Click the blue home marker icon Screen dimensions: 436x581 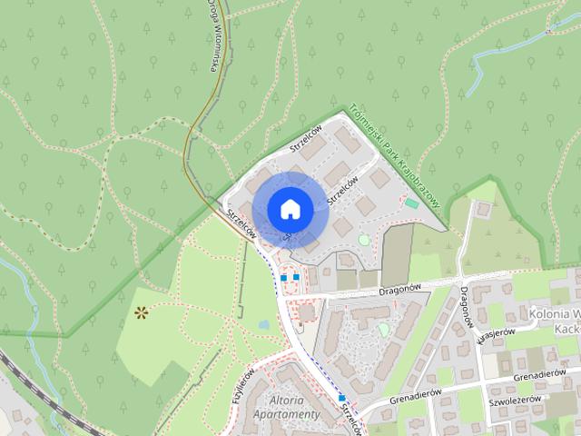click(x=290, y=209)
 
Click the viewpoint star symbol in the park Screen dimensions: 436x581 click(x=142, y=313)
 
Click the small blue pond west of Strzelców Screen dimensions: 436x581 click(x=263, y=323)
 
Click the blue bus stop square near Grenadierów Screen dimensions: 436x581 click(x=341, y=398)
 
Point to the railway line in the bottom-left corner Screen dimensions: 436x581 click(x=27, y=381)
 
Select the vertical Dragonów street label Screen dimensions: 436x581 click(x=466, y=307)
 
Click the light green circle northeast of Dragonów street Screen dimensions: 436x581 click(x=384, y=329)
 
